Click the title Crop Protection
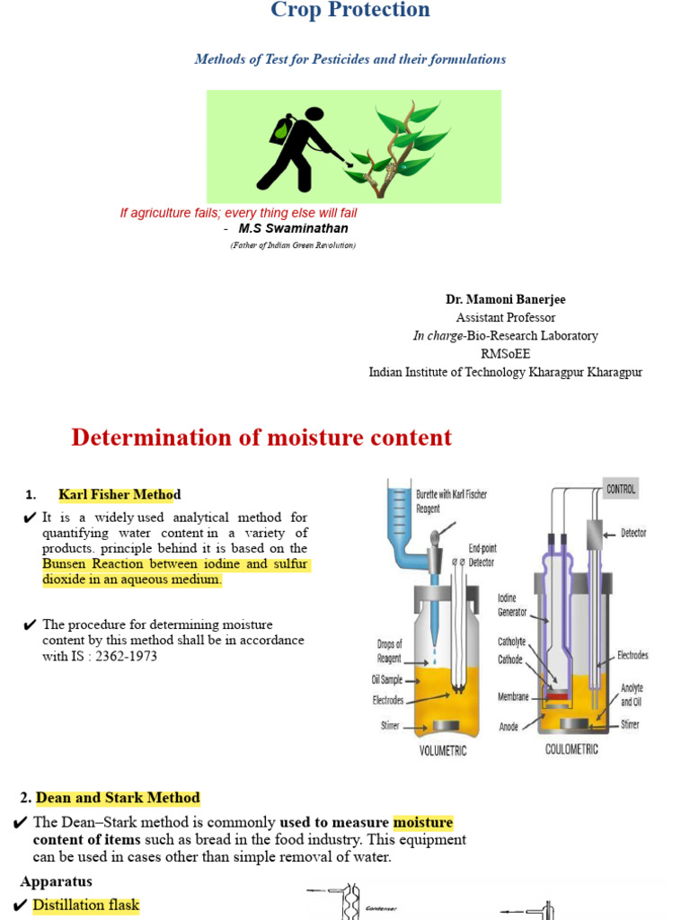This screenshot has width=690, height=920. [x=350, y=11]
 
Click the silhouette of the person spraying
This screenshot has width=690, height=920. [x=301, y=148]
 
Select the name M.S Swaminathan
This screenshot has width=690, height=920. [x=293, y=228]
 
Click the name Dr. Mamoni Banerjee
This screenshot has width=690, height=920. [x=505, y=299]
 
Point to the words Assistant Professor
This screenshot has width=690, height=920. [x=505, y=317]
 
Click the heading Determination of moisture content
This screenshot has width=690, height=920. [x=261, y=438]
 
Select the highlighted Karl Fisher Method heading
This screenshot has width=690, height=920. [x=119, y=494]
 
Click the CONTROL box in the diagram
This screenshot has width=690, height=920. [x=620, y=489]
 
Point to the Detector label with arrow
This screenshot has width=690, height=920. [x=633, y=533]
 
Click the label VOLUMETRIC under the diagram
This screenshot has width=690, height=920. [x=443, y=750]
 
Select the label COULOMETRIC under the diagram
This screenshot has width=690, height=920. [x=571, y=748]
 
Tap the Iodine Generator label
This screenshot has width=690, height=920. [x=514, y=605]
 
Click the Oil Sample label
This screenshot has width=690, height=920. [x=388, y=680]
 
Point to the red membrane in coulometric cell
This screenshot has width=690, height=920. [x=559, y=696]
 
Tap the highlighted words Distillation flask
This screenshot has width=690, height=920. [x=86, y=905]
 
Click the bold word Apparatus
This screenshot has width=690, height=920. [x=56, y=881]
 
